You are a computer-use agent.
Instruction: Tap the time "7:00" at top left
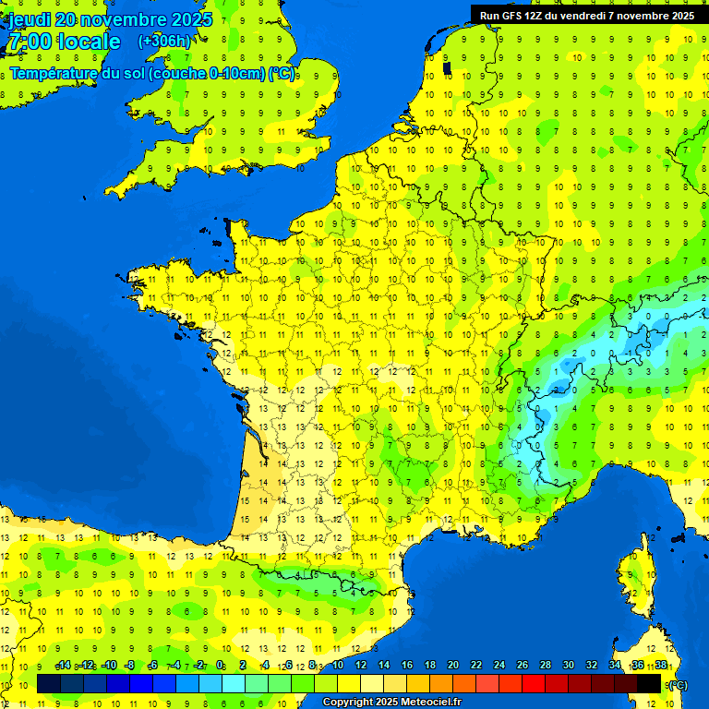click(x=29, y=42)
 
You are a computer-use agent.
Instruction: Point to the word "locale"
click(x=89, y=42)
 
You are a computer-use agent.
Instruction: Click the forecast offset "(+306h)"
click(x=164, y=42)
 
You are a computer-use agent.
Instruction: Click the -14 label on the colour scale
click(x=63, y=666)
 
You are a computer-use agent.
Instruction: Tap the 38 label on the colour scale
click(x=661, y=666)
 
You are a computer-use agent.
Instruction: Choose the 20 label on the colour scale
click(x=453, y=666)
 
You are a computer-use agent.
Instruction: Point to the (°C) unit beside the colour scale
click(x=677, y=685)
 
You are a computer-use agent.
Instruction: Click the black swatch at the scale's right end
click(x=649, y=683)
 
